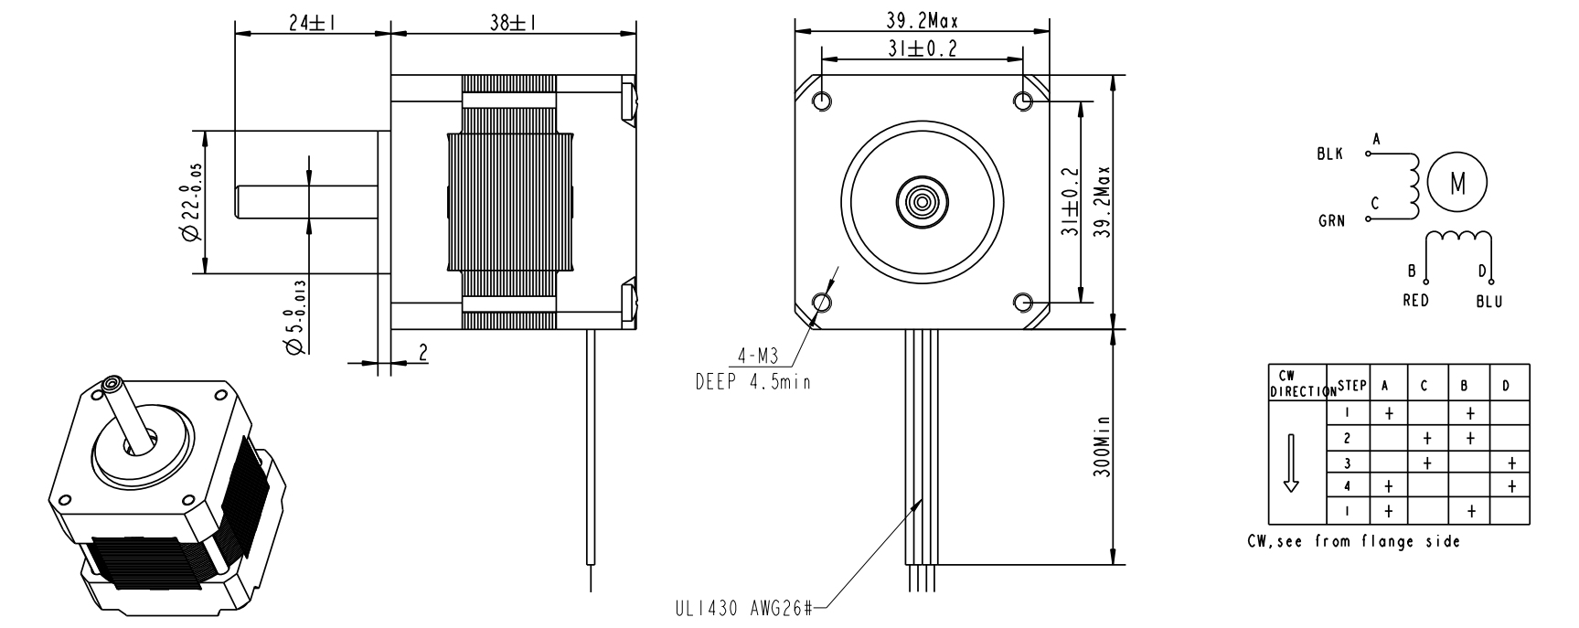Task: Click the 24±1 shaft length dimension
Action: click(x=311, y=24)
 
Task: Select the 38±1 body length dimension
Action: click(x=512, y=24)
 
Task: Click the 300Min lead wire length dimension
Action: click(x=1103, y=448)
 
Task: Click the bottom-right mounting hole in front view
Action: click(x=1024, y=302)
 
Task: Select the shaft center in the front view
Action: click(x=923, y=200)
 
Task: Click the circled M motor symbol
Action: click(x=1457, y=183)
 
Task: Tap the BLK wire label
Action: click(x=1329, y=154)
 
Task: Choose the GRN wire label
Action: click(x=1331, y=220)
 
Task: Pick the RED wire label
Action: click(x=1415, y=301)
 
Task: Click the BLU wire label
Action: click(x=1488, y=302)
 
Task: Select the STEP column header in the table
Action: click(x=1351, y=386)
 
